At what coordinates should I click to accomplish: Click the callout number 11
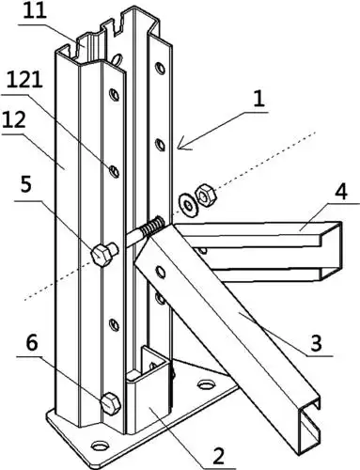35,12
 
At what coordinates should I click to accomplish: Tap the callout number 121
24,80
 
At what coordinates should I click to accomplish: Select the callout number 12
14,119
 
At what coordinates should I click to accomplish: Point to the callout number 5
26,185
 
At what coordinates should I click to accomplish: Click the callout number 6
32,342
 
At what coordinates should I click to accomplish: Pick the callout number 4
340,192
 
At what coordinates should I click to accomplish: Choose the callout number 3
316,342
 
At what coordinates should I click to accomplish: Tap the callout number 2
218,455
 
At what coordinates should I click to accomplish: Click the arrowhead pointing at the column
182,146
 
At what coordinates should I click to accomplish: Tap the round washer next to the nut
188,206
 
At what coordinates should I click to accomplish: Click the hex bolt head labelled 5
101,256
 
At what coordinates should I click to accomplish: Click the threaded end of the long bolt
152,227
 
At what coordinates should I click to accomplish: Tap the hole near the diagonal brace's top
161,272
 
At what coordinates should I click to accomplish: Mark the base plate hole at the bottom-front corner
101,446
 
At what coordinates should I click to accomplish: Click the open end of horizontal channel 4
331,250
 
